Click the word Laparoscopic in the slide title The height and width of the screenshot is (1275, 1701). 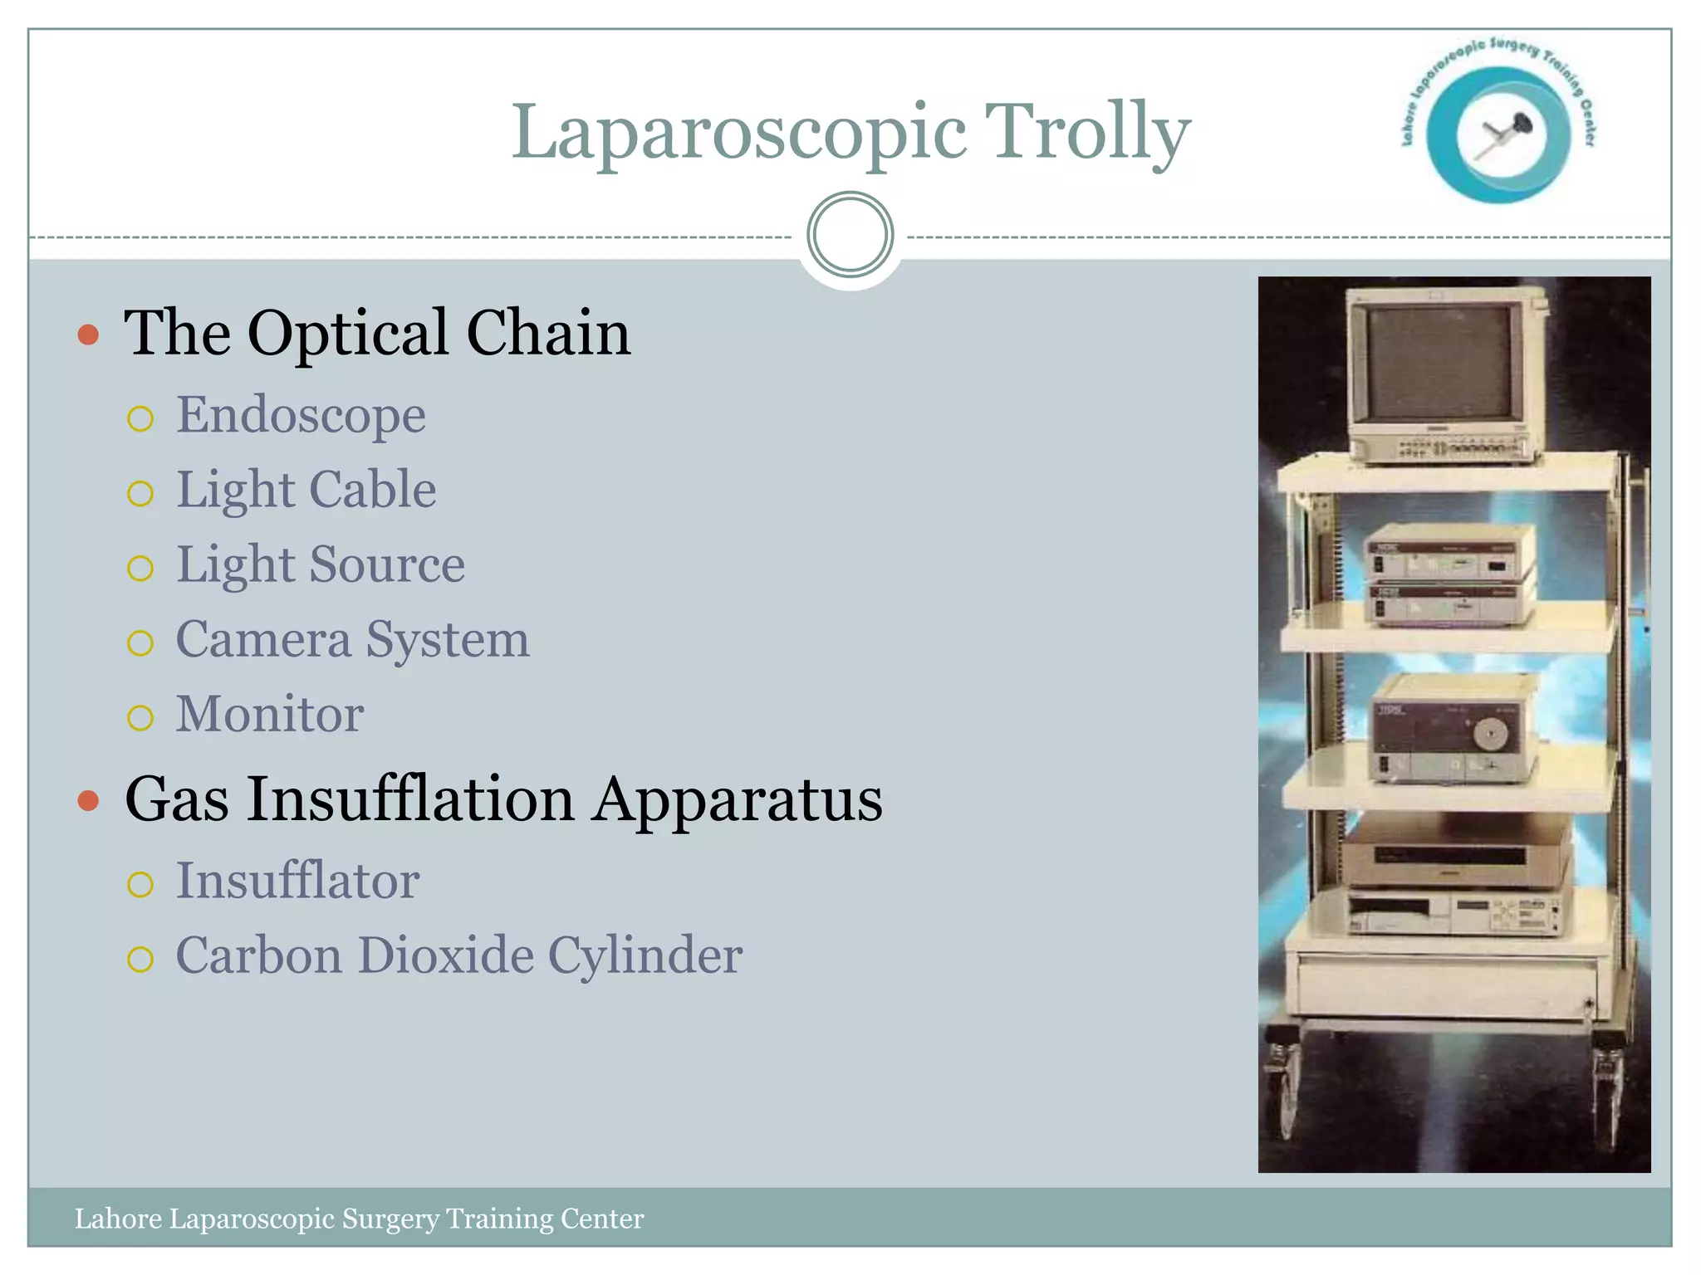738,133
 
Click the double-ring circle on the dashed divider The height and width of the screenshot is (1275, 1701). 850,235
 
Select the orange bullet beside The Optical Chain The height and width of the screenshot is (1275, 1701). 88,335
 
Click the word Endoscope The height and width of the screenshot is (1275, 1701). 301,415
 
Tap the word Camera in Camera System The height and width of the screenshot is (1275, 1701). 263,640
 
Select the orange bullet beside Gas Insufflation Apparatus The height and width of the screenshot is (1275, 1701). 88,801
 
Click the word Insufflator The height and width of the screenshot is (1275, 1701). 297,881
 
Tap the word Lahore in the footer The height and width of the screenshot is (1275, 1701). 118,1219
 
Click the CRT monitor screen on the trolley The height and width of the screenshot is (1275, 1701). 1439,363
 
